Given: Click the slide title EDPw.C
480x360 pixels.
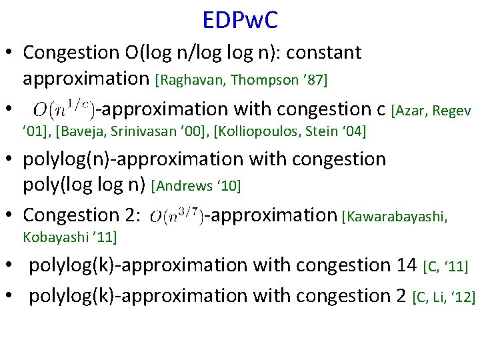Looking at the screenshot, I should click(240, 20).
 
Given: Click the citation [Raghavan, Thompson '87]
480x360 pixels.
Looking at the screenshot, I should click(241, 80).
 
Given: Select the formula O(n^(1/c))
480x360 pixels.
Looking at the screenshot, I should click(63, 109).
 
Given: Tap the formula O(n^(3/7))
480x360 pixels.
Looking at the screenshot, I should click(177, 216).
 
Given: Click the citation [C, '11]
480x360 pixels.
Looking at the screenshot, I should click(445, 267).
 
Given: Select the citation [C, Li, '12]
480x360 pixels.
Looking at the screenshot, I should click(443, 297).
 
